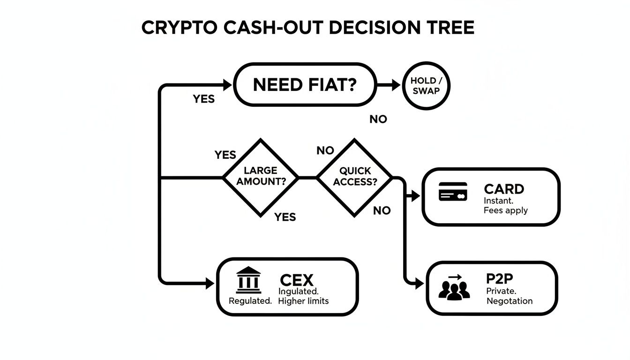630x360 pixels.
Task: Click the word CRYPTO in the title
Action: tap(179, 28)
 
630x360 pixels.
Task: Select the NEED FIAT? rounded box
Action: tap(305, 85)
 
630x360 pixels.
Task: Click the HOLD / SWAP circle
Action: tap(426, 86)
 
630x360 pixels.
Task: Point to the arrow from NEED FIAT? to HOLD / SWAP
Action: tap(389, 85)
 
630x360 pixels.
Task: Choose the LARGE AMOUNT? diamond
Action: tap(261, 177)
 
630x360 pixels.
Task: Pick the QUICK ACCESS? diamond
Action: tap(355, 177)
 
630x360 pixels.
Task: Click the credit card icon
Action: tap(453, 192)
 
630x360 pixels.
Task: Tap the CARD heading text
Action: tap(504, 189)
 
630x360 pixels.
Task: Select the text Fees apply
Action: tap(505, 210)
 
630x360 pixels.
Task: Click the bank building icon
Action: tap(248, 280)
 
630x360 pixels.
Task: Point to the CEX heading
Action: tap(296, 280)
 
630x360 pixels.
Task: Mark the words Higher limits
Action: tap(303, 301)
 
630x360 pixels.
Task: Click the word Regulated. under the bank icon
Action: tap(250, 301)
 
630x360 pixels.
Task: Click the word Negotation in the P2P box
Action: tap(510, 301)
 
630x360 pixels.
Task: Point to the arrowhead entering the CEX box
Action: tap(210, 283)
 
